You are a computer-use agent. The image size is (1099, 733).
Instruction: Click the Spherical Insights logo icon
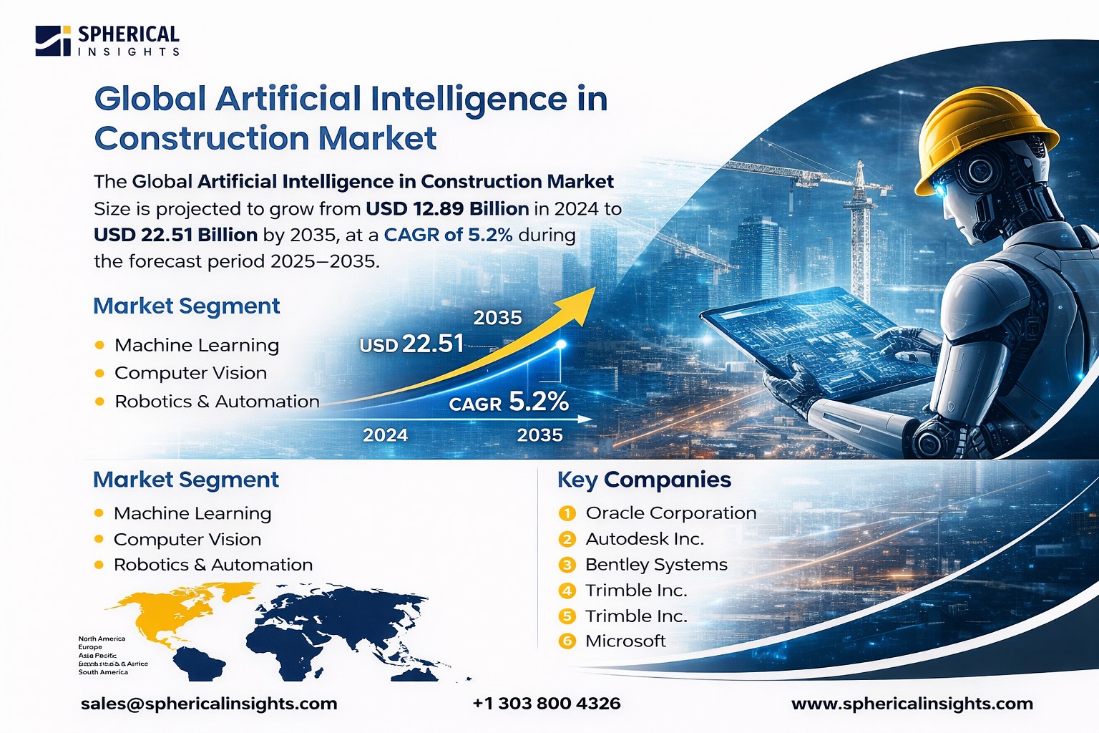click(53, 41)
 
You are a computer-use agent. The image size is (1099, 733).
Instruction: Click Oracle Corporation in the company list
click(670, 513)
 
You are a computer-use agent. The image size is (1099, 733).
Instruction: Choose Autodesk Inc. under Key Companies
click(644, 539)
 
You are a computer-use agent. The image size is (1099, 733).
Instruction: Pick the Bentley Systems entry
click(655, 565)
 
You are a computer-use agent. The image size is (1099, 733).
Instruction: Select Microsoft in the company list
click(625, 641)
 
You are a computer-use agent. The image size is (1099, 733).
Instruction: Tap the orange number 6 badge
click(567, 641)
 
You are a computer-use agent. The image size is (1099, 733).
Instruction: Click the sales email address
click(209, 704)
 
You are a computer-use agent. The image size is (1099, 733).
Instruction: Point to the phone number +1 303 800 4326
click(546, 704)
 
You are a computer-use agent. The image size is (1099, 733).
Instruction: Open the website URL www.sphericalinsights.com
click(912, 704)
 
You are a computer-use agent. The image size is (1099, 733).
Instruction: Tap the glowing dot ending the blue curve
click(561, 345)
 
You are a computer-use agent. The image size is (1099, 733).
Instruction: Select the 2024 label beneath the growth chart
click(385, 435)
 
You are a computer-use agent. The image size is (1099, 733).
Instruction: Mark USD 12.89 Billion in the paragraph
click(447, 209)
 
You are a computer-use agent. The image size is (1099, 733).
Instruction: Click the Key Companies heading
click(644, 480)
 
